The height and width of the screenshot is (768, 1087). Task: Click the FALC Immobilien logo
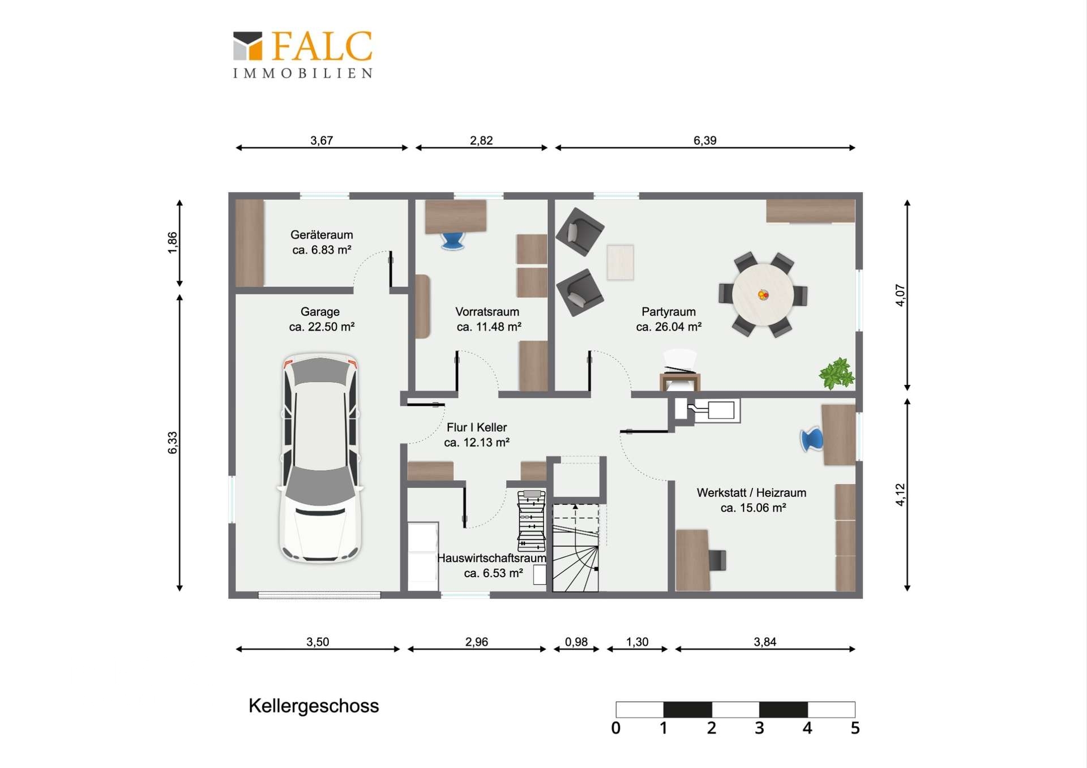point(303,54)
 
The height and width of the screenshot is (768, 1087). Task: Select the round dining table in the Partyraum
point(763,294)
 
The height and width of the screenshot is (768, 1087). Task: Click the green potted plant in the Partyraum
point(836,374)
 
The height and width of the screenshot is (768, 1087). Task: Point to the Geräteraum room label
point(322,242)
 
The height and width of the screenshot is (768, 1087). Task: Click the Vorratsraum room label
point(488,319)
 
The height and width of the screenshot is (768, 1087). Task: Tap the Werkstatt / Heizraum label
point(751,500)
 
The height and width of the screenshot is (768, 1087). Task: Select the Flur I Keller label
point(477,435)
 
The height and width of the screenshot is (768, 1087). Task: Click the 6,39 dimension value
point(705,140)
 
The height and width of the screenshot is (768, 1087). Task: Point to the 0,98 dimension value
point(576,642)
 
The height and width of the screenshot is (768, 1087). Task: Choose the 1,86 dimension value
point(173,243)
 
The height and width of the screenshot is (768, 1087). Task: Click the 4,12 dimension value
point(900,495)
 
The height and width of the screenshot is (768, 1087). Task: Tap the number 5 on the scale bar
point(855,728)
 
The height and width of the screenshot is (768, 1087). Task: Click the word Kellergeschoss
point(314,706)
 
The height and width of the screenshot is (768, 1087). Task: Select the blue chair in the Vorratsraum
point(453,241)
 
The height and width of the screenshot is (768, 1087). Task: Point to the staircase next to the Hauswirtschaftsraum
point(576,547)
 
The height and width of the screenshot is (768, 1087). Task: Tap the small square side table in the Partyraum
point(620,262)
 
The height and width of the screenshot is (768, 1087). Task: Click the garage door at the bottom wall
point(319,595)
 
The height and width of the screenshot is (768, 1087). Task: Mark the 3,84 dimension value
point(765,642)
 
